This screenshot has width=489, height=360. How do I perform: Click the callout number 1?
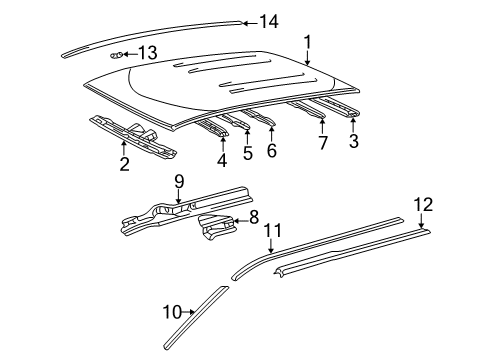coord(308,41)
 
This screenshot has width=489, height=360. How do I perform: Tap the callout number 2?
coord(124,163)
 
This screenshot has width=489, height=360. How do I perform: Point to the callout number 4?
coord(221,159)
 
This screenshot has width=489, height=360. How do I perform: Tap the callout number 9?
coord(179,181)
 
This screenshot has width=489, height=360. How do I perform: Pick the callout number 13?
coord(147,52)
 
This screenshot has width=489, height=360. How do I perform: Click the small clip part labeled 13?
coord(117,54)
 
